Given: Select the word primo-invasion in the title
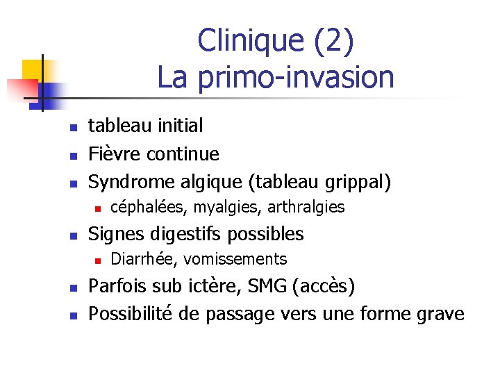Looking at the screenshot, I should tap(295, 77).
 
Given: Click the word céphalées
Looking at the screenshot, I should tap(149, 207).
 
